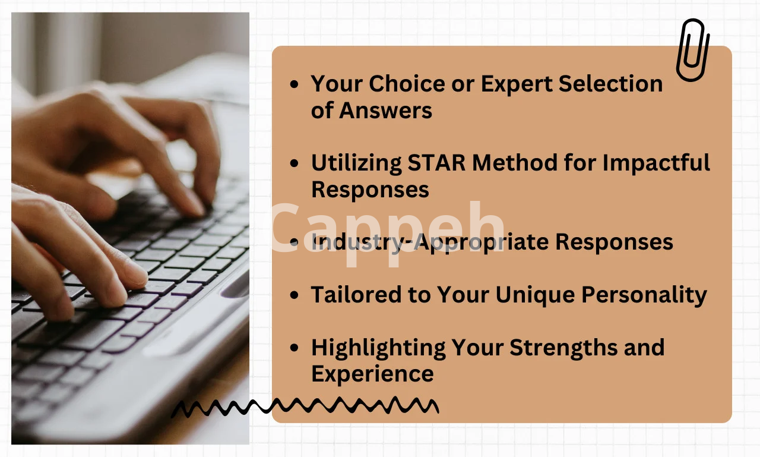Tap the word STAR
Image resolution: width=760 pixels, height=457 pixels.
pos(436,162)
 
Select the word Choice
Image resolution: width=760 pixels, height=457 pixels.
pos(407,84)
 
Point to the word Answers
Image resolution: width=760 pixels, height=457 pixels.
pos(385,111)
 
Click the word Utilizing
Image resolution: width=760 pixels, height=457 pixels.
pos(356,163)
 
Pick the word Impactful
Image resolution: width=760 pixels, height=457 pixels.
pos(656,163)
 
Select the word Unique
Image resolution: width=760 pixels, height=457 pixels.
pos(535,295)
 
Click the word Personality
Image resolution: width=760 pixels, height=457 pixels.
pos(644,295)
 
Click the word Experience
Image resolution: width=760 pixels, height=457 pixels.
pos(372,374)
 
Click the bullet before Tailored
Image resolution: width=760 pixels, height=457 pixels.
pos(294,295)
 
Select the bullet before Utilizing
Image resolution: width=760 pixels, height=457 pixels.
pos(294,163)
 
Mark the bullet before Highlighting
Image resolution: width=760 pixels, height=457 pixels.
pos(294,348)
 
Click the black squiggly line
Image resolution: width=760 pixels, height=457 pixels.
pos(304,405)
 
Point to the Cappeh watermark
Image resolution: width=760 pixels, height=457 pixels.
pos(387,231)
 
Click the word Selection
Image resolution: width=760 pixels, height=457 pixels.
pos(610,84)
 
